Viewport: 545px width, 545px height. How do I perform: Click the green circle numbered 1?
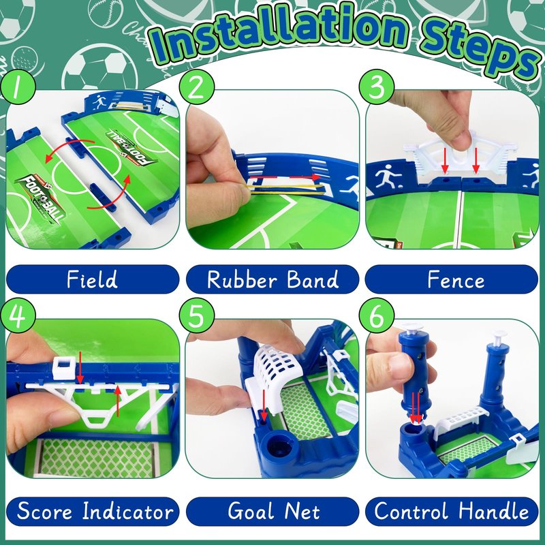pyautogui.click(x=18, y=87)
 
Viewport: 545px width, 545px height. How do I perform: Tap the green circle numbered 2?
pyautogui.click(x=197, y=87)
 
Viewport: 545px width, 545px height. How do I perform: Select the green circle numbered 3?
pyautogui.click(x=377, y=87)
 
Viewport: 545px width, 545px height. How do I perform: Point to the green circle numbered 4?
pyautogui.click(x=18, y=315)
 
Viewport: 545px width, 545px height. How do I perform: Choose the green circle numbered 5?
pyautogui.click(x=197, y=315)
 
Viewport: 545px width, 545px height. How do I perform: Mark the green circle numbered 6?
pyautogui.click(x=377, y=315)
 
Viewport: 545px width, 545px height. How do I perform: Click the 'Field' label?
pyautogui.click(x=93, y=279)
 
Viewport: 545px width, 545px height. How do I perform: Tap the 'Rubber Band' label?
pyautogui.click(x=272, y=279)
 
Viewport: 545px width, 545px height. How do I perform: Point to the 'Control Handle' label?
pyautogui.click(x=452, y=512)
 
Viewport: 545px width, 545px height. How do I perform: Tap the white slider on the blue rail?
pyautogui.click(x=63, y=369)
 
